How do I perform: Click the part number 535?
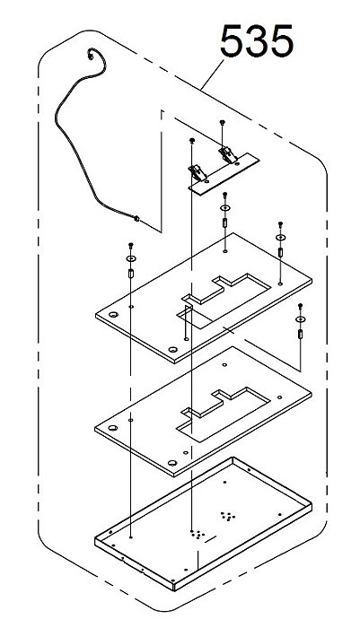[x=257, y=41]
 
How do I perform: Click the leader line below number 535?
[x=213, y=74]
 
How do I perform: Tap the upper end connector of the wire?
[x=91, y=56]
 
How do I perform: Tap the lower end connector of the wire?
[x=136, y=219]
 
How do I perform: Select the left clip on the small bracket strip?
[x=198, y=172]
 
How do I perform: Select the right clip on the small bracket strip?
[x=227, y=154]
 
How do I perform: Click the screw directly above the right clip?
[x=222, y=122]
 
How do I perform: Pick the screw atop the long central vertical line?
[x=191, y=140]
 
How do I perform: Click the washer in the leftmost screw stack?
[x=131, y=258]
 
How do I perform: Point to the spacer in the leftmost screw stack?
[x=131, y=274]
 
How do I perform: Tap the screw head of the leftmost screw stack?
[x=130, y=245]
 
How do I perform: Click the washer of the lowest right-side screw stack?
[x=300, y=319]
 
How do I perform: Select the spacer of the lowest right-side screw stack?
[x=300, y=334]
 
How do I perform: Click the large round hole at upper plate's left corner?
[x=113, y=314]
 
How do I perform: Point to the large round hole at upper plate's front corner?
[x=172, y=349]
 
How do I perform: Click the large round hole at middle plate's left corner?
[x=113, y=428]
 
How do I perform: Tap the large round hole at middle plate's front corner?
[x=172, y=463]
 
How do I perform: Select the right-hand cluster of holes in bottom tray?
[x=228, y=516]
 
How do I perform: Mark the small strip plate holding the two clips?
[x=224, y=174]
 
